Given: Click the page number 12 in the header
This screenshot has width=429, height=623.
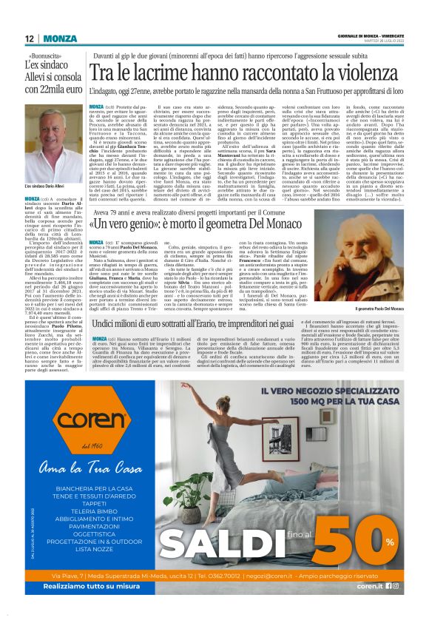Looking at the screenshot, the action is coord(28,38).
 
